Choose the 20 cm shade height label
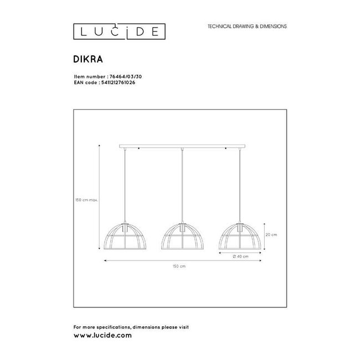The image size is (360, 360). pos(271,235)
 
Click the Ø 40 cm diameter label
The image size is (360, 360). pos(240,257)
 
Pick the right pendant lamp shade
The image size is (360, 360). pos(240,238)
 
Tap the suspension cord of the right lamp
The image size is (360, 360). pos(240,186)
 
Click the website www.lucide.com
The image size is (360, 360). pos(102,336)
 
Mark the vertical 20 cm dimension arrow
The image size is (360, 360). pos(264,235)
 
